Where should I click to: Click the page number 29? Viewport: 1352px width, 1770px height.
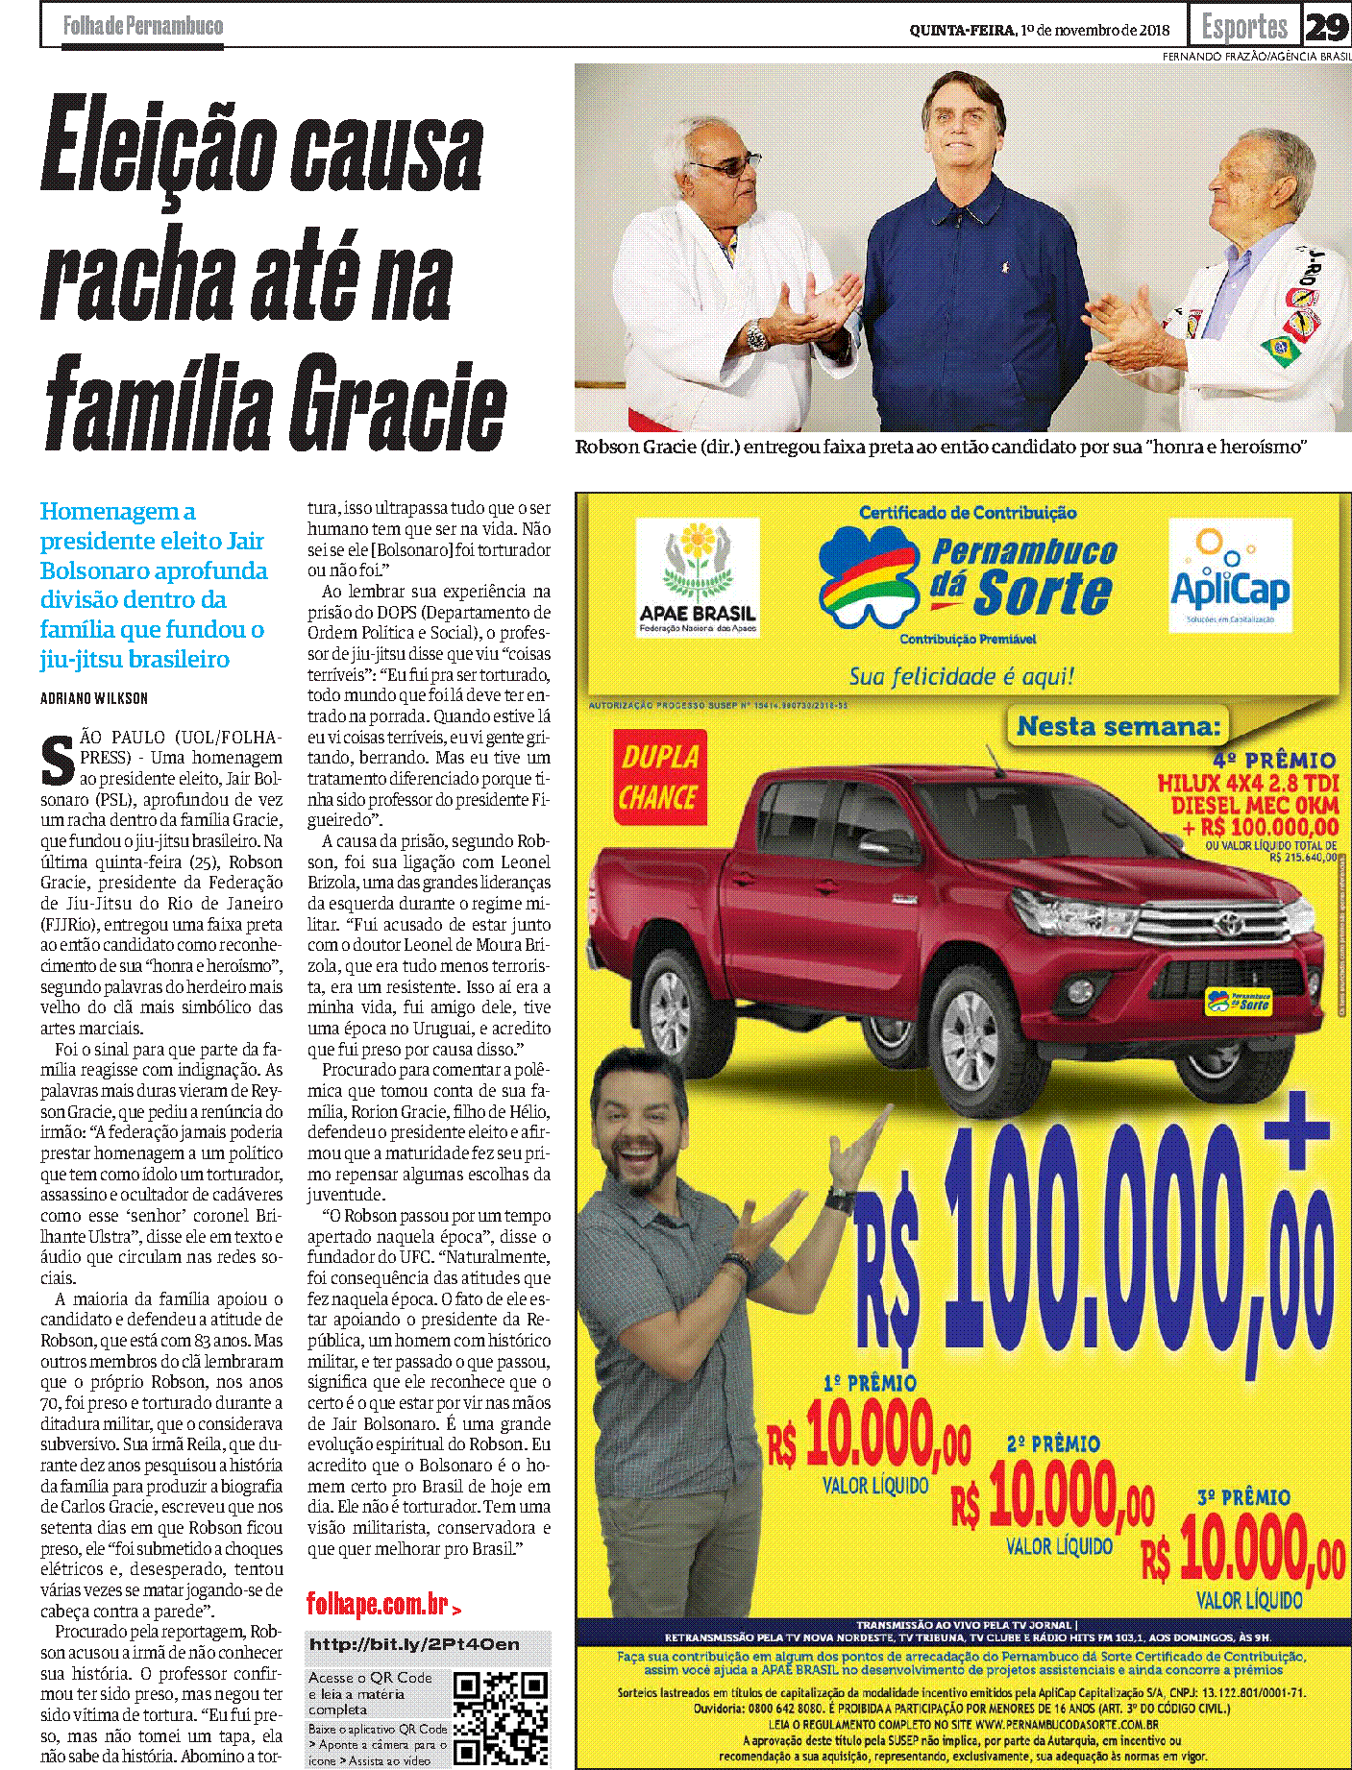(x=1326, y=27)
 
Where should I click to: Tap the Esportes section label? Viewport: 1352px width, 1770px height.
(x=1244, y=27)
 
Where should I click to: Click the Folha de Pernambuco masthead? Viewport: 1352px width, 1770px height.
(x=143, y=26)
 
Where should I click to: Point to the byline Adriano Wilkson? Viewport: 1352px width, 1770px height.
(x=94, y=698)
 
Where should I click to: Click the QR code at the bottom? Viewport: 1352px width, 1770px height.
(x=501, y=1717)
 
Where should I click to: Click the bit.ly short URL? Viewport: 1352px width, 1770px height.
(x=414, y=1644)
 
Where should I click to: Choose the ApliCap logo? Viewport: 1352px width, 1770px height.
(x=1229, y=574)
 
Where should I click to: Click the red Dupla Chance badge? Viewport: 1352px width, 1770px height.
(x=660, y=777)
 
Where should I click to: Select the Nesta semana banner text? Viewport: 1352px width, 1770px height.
(x=1118, y=726)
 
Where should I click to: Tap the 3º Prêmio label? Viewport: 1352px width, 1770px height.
(x=1243, y=1497)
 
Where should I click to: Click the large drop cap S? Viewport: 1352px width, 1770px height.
(x=58, y=761)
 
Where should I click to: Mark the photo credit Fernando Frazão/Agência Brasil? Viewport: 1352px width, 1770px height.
(x=1256, y=57)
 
